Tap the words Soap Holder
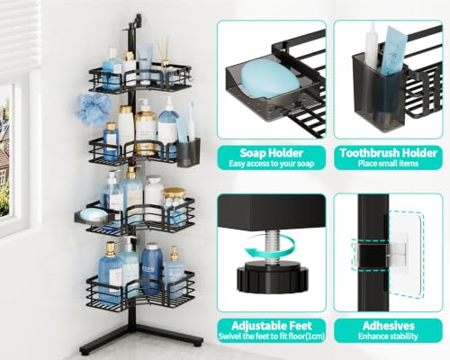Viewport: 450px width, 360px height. pos(271,153)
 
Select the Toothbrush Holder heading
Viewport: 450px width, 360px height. pos(388,153)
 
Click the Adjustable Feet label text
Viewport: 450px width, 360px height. pos(272,326)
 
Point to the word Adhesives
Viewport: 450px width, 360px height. pos(388,326)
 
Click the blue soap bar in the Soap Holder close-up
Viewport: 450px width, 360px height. pos(269,78)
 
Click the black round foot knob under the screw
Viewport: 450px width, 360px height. pos(273,276)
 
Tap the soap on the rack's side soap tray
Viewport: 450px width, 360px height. pos(94,213)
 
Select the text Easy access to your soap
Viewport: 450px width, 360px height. pos(271,164)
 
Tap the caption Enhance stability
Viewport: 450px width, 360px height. pos(388,337)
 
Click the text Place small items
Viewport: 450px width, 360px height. pos(388,164)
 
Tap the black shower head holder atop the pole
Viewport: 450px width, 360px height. pos(137,21)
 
